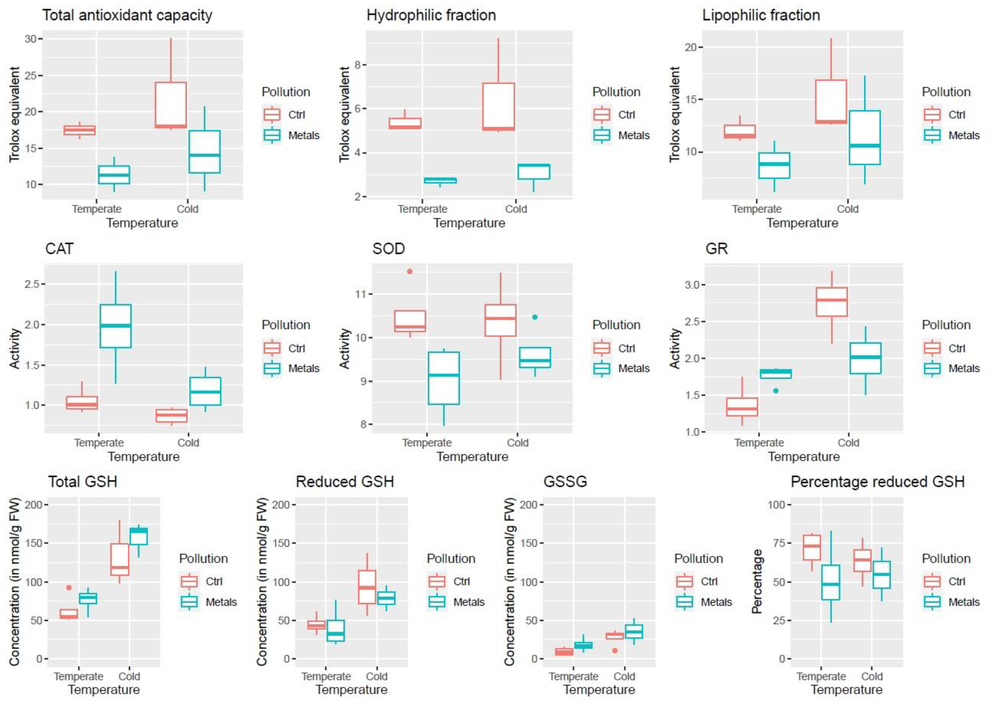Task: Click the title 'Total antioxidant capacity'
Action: tap(127, 15)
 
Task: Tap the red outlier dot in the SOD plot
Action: tap(409, 271)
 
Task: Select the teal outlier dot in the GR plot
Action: tap(776, 391)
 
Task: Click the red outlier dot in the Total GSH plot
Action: tap(69, 587)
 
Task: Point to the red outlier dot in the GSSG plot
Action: tap(615, 651)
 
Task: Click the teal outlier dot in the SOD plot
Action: tap(535, 317)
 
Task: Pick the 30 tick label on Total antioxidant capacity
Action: tap(31, 39)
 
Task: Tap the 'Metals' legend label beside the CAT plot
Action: tap(304, 368)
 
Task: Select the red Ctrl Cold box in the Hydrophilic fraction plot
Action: tap(499, 107)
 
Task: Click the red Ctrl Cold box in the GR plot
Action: tap(832, 302)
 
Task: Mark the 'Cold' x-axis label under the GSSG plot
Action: tap(624, 677)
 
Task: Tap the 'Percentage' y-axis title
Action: tap(757, 581)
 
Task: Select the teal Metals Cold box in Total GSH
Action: tap(139, 536)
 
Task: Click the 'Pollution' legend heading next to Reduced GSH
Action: tap(451, 559)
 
